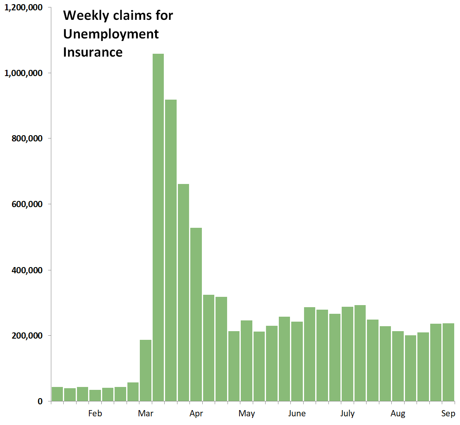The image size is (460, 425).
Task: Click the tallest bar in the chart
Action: pyautogui.click(x=158, y=227)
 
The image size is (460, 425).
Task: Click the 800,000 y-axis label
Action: pyautogui.click(x=26, y=138)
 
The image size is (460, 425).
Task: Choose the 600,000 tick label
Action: pyautogui.click(x=26, y=204)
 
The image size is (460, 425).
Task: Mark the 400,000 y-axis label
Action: pyautogui.click(x=26, y=270)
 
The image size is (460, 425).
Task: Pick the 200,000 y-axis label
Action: pyautogui.click(x=26, y=336)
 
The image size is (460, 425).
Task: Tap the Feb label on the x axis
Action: pyautogui.click(x=95, y=414)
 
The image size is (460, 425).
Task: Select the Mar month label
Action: pyautogui.click(x=145, y=414)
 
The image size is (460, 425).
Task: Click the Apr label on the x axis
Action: pyautogui.click(x=196, y=414)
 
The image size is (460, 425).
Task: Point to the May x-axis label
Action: pyautogui.click(x=247, y=414)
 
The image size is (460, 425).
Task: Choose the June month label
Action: pyautogui.click(x=297, y=414)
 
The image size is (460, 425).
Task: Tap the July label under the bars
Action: pyautogui.click(x=347, y=414)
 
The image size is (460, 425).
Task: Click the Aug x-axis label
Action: pyautogui.click(x=398, y=414)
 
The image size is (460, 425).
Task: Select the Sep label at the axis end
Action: pyautogui.click(x=448, y=414)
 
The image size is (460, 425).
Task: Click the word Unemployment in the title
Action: pyautogui.click(x=111, y=34)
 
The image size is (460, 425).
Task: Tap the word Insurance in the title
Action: pyautogui.click(x=93, y=52)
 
